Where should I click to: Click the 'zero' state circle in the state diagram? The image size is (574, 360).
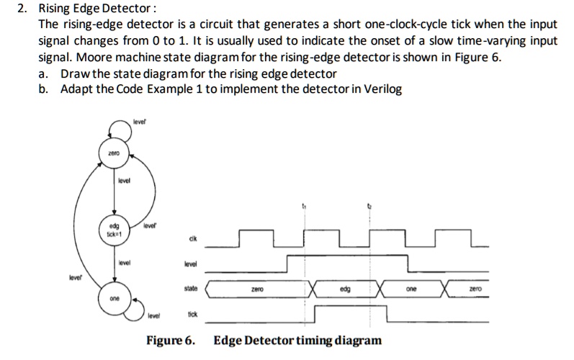coord(114,153)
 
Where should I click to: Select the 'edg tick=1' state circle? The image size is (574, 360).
coord(114,228)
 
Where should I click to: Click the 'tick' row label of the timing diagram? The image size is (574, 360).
coord(192,315)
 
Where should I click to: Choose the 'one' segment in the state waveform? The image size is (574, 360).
coord(411,289)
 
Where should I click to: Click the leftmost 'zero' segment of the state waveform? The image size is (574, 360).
coord(258,289)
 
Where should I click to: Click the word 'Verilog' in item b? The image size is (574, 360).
coord(382,89)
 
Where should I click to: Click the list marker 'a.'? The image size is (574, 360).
coord(45,74)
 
